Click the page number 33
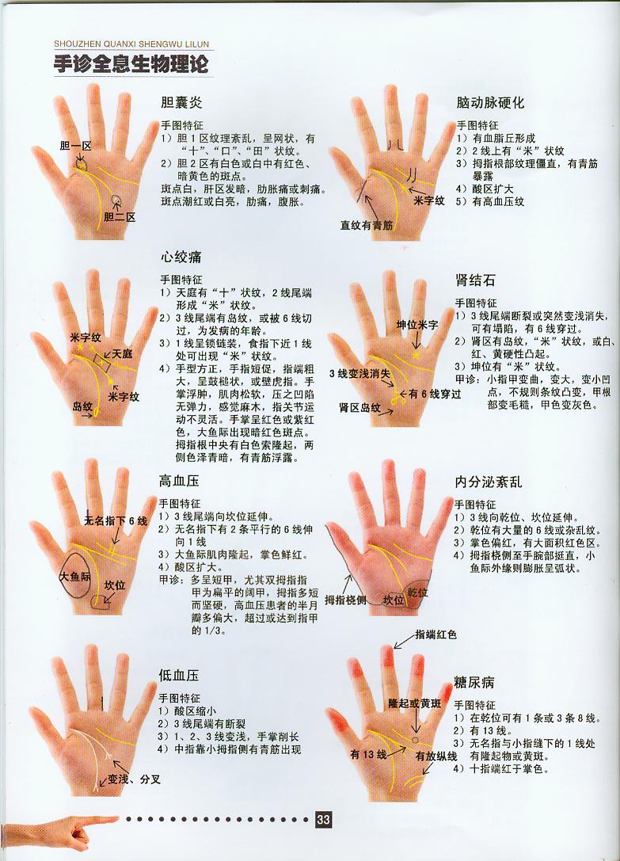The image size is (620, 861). [x=323, y=821]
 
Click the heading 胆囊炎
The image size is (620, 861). [x=181, y=103]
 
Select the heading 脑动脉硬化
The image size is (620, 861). [x=490, y=103]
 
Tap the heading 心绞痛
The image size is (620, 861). [x=181, y=257]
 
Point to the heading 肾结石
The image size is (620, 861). [x=476, y=280]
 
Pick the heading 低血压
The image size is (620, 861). [x=178, y=676]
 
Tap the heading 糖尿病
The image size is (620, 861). [x=474, y=681]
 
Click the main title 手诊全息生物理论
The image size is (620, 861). [x=131, y=64]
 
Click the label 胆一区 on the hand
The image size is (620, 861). [x=76, y=146]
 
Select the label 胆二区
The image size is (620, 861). [x=120, y=216]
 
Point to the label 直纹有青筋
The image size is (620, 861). [x=367, y=225]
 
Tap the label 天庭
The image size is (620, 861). [x=122, y=353]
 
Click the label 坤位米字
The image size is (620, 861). [x=417, y=325]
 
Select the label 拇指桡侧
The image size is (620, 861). [x=346, y=600]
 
